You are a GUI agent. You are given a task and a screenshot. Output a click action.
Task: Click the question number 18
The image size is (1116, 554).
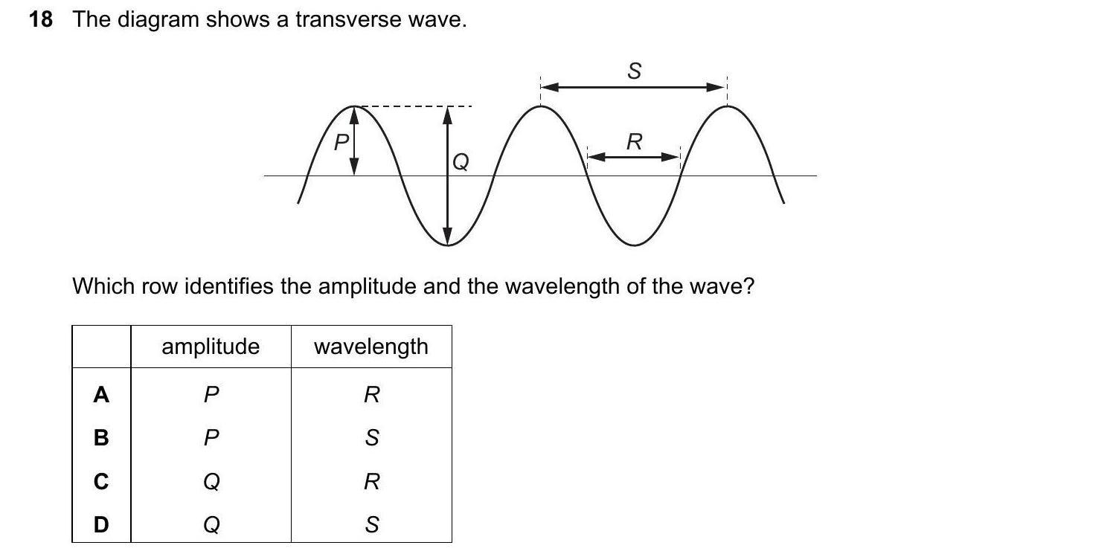[41, 20]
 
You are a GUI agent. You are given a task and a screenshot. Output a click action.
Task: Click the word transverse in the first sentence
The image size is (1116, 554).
[348, 20]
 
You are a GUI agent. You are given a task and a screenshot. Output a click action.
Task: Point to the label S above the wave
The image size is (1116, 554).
[634, 71]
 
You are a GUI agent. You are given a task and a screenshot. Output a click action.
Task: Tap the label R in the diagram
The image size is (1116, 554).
[634, 142]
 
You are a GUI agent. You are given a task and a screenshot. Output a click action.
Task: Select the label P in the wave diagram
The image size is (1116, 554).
[341, 142]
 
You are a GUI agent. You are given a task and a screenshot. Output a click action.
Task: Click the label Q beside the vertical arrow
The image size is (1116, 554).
[461, 162]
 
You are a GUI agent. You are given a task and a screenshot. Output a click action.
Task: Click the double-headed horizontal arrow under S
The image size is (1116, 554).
[634, 88]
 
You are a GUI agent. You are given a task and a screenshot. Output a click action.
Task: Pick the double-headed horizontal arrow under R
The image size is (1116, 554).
[634, 158]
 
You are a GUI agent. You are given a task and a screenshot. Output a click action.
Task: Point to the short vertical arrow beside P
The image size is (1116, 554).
[353, 141]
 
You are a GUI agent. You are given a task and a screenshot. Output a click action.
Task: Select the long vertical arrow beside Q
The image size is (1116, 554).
[448, 175]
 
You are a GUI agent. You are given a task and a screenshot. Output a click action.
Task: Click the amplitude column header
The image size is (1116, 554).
[211, 347]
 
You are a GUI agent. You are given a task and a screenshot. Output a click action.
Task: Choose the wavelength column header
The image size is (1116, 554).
[371, 347]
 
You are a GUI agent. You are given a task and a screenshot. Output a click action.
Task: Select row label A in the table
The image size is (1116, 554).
[101, 395]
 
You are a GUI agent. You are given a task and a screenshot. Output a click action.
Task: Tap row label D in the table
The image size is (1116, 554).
[101, 525]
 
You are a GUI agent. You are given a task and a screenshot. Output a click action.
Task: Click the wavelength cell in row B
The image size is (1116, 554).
[372, 438]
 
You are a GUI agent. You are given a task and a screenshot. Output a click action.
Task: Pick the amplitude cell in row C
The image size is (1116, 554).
[212, 481]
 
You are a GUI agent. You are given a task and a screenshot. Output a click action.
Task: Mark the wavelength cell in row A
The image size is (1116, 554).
[372, 395]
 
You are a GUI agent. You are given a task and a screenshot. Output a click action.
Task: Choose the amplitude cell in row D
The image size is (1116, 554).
[212, 525]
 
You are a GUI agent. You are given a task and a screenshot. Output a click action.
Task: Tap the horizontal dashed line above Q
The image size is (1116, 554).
[415, 106]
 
